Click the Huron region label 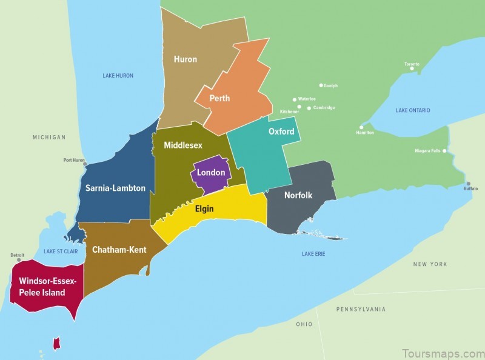[x=185, y=59]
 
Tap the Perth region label [x=219, y=98]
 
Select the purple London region [x=210, y=173]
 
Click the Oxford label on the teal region [x=281, y=132]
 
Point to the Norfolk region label [x=298, y=195]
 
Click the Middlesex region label [x=182, y=145]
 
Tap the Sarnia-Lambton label [x=115, y=188]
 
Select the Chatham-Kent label [x=119, y=249]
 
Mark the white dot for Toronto [x=412, y=68]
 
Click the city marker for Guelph [x=321, y=85]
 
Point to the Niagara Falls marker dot [x=444, y=150]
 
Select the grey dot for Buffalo [x=468, y=183]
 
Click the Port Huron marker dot [x=85, y=164]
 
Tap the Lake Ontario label [x=413, y=110]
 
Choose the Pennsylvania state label [x=361, y=309]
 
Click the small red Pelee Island [x=57, y=344]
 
